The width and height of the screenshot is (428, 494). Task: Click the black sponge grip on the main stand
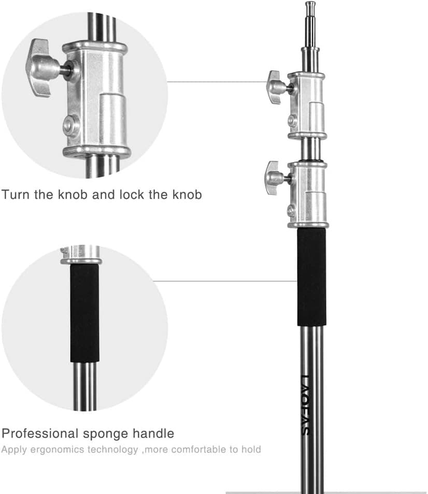[x=312, y=277]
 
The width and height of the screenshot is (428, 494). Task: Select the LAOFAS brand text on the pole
[x=305, y=405]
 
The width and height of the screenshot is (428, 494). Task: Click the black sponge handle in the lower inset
[x=84, y=313]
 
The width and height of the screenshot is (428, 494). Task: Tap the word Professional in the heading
[x=40, y=433]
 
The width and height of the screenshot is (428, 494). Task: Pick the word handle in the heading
[x=153, y=433]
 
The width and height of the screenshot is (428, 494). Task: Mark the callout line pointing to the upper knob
[x=218, y=82]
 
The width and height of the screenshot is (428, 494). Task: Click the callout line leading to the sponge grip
[x=225, y=281]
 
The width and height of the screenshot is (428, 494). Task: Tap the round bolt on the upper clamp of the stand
[x=292, y=120]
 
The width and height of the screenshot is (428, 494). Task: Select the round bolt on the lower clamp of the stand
[x=292, y=210]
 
